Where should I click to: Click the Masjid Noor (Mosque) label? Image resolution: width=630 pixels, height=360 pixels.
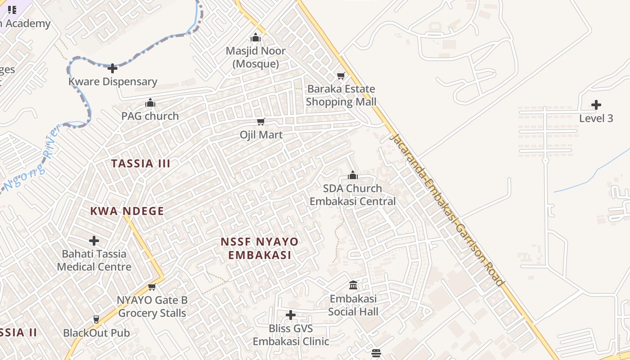[256, 57]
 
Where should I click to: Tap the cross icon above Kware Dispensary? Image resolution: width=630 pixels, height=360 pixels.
[112, 68]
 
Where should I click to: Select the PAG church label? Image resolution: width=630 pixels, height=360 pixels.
[150, 116]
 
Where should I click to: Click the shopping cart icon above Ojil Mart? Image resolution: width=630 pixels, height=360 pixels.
[261, 122]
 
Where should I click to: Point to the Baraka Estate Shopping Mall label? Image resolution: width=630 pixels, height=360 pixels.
[341, 95]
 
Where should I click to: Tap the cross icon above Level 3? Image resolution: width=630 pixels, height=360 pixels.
[596, 105]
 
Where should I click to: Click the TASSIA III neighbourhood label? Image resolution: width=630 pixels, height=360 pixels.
[141, 163]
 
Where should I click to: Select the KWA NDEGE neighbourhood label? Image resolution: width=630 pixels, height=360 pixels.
[127, 211]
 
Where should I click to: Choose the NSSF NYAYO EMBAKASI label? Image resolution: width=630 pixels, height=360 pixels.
[259, 248]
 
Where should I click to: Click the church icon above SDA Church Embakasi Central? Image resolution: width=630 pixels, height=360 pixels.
[353, 175]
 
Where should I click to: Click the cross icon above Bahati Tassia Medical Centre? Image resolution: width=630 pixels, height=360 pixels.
[94, 241]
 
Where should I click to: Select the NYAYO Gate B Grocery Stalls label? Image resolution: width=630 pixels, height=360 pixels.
[152, 306]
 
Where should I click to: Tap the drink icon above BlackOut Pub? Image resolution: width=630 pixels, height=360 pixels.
[96, 319]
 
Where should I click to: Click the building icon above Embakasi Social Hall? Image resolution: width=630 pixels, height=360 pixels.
[353, 285]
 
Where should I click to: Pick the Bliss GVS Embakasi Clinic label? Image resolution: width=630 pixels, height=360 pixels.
[291, 335]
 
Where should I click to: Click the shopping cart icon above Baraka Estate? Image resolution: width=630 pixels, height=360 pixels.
[341, 76]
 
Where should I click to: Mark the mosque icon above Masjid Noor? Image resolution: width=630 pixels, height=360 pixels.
[256, 37]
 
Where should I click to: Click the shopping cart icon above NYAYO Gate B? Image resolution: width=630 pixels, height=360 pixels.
[152, 287]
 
